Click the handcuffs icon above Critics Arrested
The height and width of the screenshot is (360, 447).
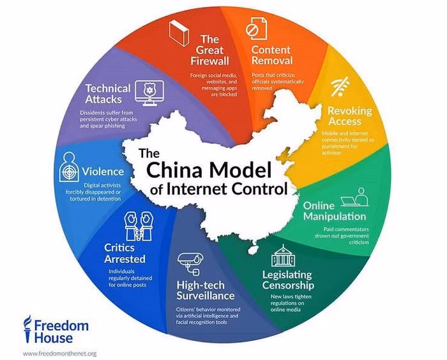tap(139, 226)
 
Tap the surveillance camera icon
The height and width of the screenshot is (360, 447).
tap(190, 264)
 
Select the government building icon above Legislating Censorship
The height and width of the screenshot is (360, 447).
tap(283, 255)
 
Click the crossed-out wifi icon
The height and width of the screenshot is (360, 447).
tap(340, 87)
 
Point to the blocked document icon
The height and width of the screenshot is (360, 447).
tap(256, 28)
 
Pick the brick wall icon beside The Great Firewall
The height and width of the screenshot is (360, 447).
tap(179, 33)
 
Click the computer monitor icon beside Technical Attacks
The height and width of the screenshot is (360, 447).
tap(149, 93)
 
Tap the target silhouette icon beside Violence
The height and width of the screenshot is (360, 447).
tap(69, 167)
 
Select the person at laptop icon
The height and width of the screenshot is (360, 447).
tap(355, 197)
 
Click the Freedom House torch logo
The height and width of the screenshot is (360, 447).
tap(27, 329)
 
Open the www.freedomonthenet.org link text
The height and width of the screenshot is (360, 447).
tap(59, 354)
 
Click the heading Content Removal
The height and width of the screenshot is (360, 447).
tap(272, 56)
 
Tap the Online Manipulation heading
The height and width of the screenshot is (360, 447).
tap(335, 211)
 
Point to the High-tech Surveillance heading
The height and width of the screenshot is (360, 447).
tap(205, 290)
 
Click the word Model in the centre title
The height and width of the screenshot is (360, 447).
tap(240, 170)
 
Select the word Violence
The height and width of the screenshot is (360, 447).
tap(103, 172)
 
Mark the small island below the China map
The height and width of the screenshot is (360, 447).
tap(252, 250)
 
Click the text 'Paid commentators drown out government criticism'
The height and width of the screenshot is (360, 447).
tap(342, 236)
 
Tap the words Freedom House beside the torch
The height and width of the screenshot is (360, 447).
tap(61, 332)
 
